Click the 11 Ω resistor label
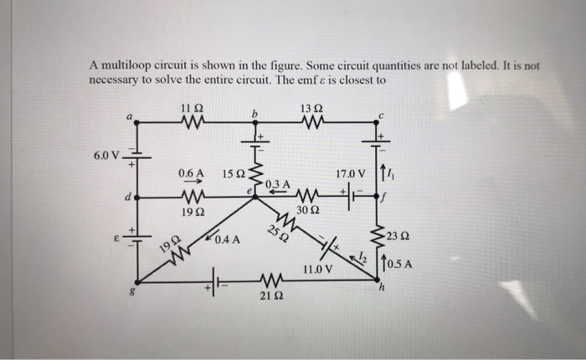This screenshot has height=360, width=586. (x=190, y=108)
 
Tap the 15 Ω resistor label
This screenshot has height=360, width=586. (x=234, y=174)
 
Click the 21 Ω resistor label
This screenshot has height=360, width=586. (x=269, y=296)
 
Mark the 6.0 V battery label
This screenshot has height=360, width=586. (x=110, y=155)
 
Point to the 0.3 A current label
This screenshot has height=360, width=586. (x=277, y=183)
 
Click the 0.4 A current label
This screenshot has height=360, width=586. (x=227, y=239)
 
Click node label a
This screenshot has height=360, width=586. (x=129, y=118)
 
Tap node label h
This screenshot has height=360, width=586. (x=380, y=290)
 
